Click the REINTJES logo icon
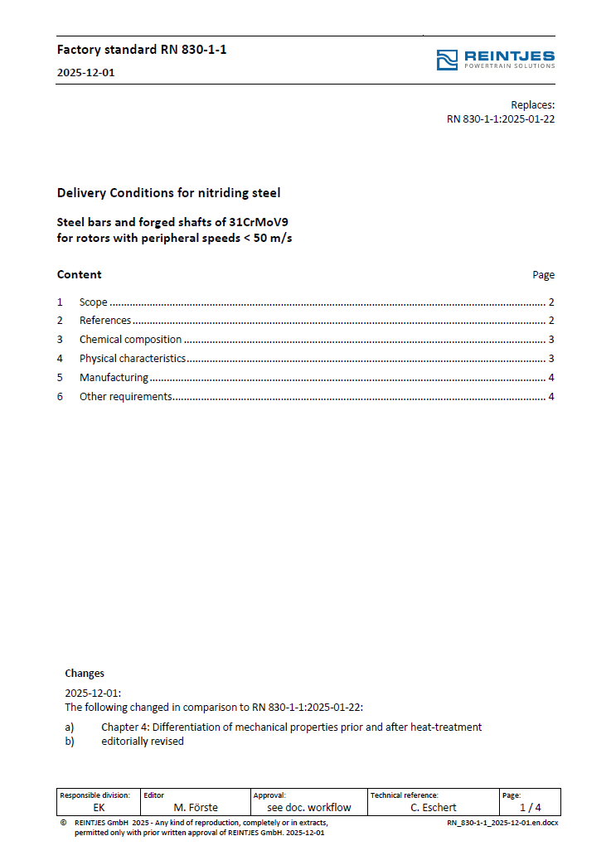[447, 60]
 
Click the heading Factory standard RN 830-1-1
[142, 50]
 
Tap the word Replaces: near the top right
[532, 105]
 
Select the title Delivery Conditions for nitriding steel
[168, 193]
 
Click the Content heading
[79, 274]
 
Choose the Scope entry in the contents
[93, 302]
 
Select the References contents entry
[105, 321]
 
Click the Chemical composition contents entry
[130, 340]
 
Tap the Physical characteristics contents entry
[132, 359]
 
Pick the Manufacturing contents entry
[114, 378]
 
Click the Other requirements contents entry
[125, 397]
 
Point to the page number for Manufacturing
[550, 378]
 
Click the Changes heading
[85, 674]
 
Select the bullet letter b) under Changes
[70, 742]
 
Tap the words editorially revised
[143, 742]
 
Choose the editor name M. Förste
[196, 807]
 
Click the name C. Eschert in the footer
[434, 807]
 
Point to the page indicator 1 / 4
[531, 807]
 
